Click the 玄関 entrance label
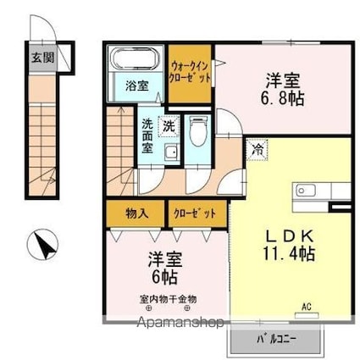click(42, 58)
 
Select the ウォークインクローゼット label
click(190, 72)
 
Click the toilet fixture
click(197, 131)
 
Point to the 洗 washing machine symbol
click(169, 126)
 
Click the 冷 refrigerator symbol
click(257, 149)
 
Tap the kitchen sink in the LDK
click(306, 191)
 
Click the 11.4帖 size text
click(289, 253)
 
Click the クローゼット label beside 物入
click(195, 213)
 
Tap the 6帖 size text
click(165, 277)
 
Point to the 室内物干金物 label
click(168, 299)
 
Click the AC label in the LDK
click(307, 307)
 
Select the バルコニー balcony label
click(276, 339)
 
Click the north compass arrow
click(45, 245)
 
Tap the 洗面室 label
click(147, 136)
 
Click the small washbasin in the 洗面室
click(171, 152)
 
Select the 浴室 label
click(137, 86)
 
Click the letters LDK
click(290, 237)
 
